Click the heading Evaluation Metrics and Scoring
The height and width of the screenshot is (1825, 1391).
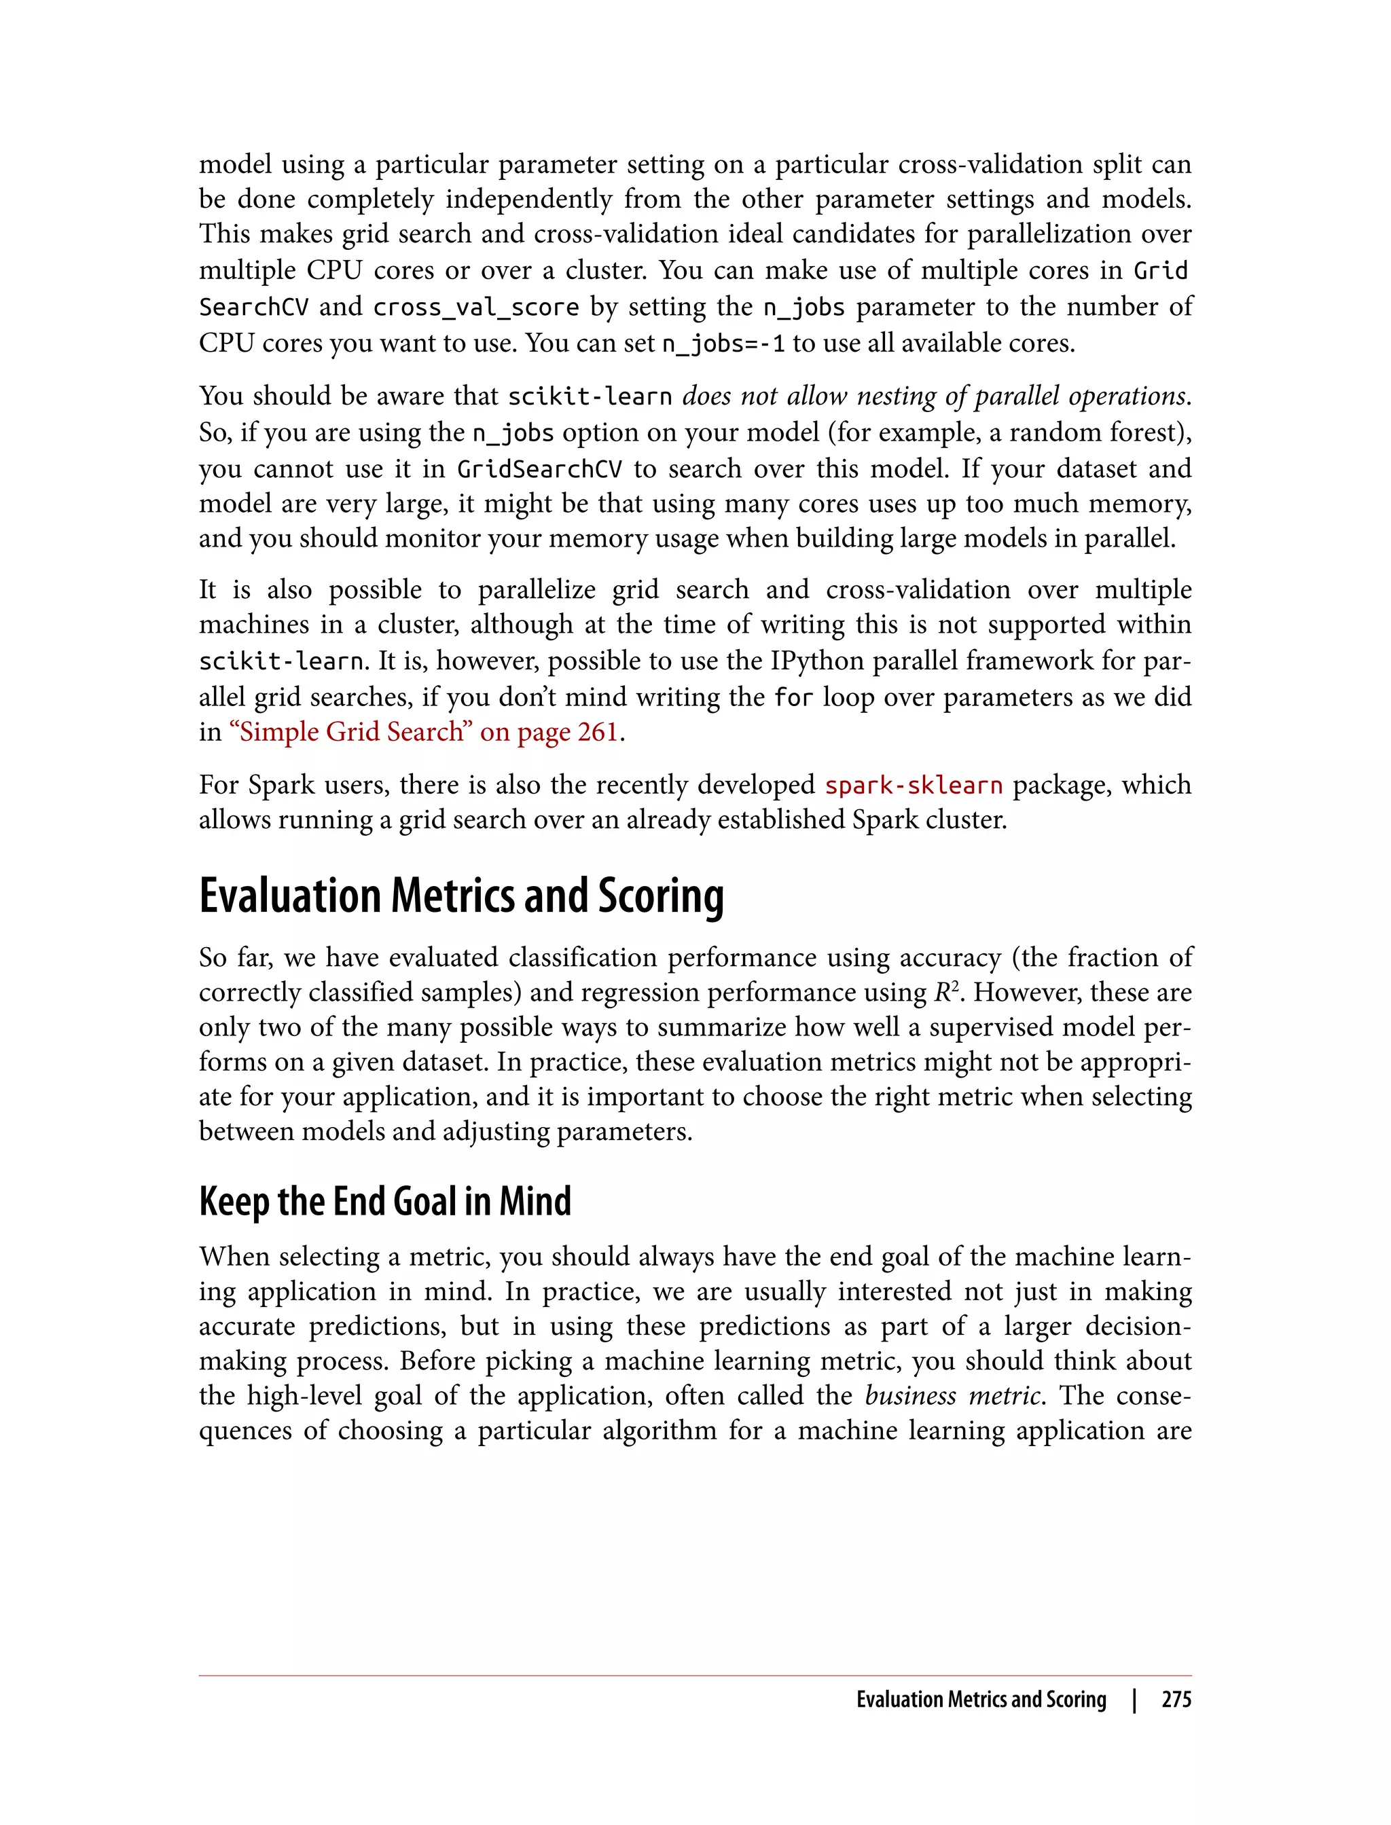(461, 896)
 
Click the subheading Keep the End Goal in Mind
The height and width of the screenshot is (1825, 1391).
(385, 1201)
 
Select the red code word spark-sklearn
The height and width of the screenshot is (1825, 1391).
(914, 785)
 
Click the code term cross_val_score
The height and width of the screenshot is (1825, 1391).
(475, 307)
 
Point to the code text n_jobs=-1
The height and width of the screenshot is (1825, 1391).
(723, 344)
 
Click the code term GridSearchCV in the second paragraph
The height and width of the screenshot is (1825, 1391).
(539, 469)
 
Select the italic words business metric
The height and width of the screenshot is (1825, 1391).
(952, 1395)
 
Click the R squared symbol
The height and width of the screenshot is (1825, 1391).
(945, 991)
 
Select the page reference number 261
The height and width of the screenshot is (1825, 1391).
(598, 732)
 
